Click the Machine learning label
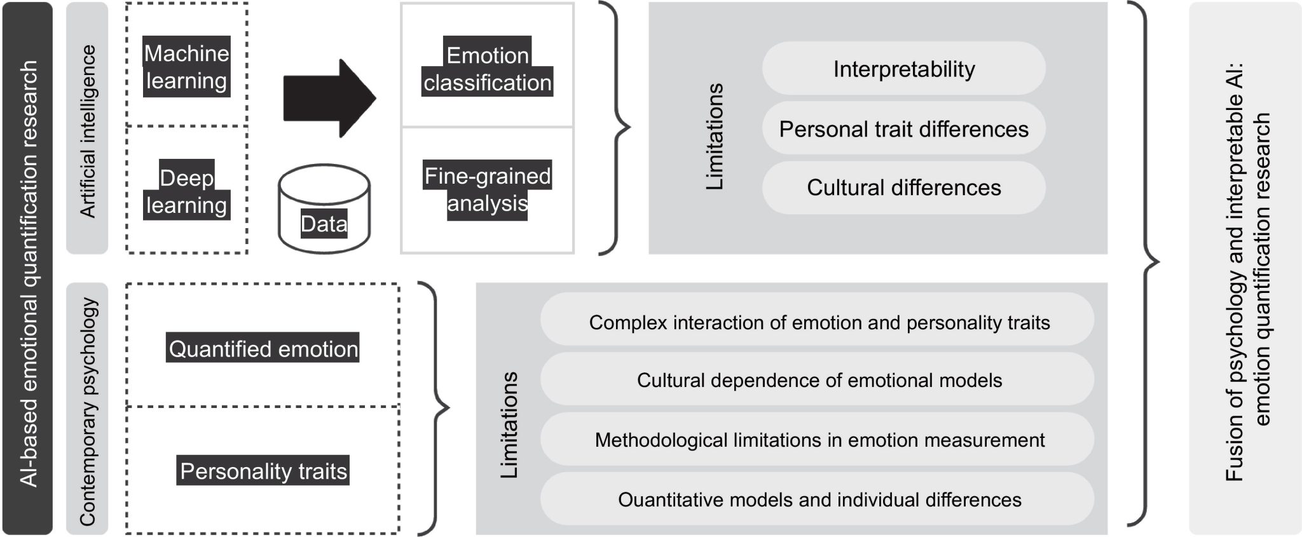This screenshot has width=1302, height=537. [186, 67]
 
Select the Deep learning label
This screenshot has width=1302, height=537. [186, 191]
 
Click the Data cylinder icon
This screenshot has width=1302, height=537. [324, 210]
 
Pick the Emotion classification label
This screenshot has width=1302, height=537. [488, 69]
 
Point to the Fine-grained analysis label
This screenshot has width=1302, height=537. [488, 189]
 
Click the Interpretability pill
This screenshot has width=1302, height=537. [903, 69]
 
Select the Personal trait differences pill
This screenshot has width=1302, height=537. [903, 129]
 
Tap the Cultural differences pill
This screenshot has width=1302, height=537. [903, 187]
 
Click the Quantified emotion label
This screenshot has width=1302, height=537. [263, 348]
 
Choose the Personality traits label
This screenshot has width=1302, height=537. [263, 471]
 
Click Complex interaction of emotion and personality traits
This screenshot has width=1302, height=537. [819, 322]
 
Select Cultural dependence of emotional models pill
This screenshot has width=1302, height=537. [819, 380]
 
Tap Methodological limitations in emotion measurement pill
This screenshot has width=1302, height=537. [819, 440]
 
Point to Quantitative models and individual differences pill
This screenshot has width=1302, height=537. [819, 500]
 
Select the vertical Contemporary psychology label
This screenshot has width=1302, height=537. [87, 410]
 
